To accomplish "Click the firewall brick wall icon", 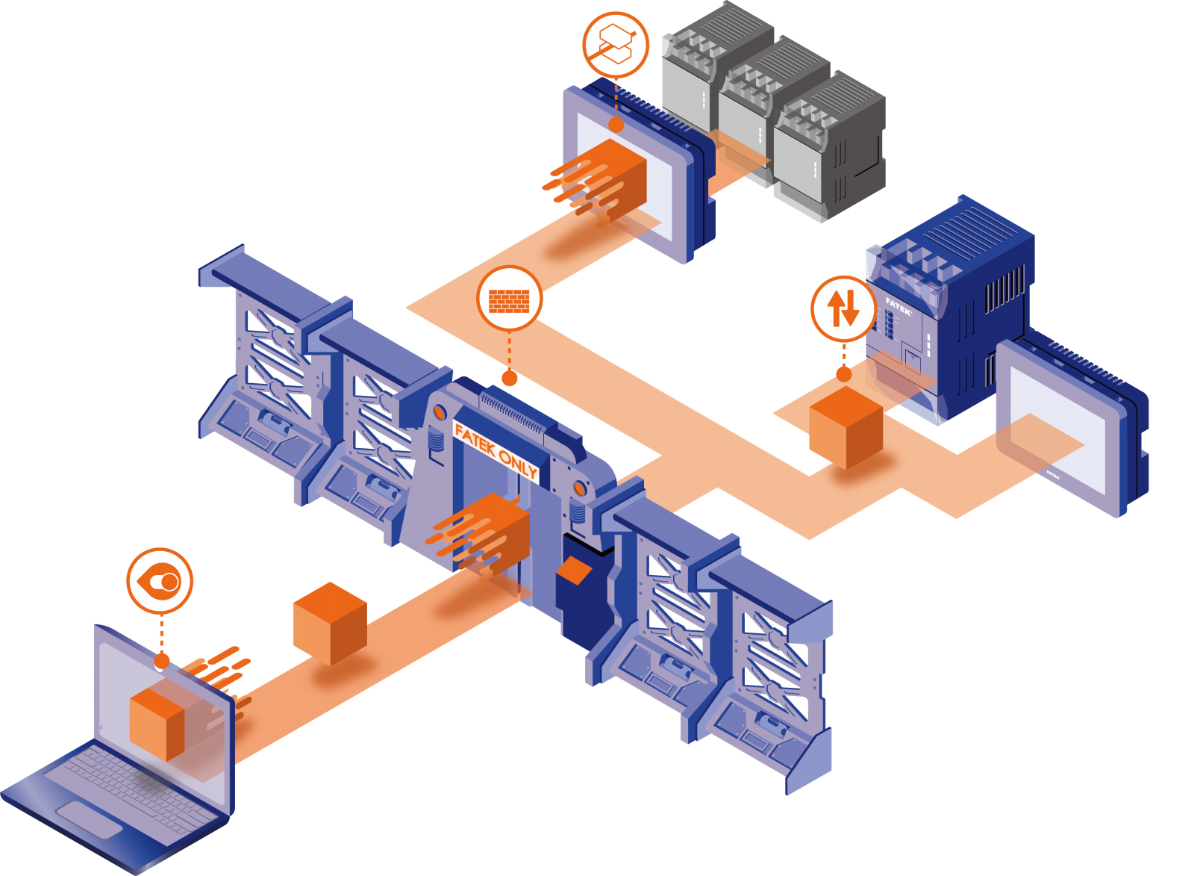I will pyautogui.click(x=510, y=298).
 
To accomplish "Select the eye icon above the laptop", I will pyautogui.click(x=160, y=581).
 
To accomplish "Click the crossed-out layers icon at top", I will pyautogui.click(x=616, y=45).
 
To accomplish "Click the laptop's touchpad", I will pyautogui.click(x=90, y=819).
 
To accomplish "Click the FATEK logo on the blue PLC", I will pyautogui.click(x=898, y=306).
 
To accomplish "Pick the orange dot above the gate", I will pyautogui.click(x=510, y=379).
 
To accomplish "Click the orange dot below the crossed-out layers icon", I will pyautogui.click(x=616, y=125).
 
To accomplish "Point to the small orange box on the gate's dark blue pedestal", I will pyautogui.click(x=574, y=571).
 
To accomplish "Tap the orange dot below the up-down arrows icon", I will pyautogui.click(x=843, y=373).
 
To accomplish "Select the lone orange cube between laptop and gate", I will pyautogui.click(x=329, y=624).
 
